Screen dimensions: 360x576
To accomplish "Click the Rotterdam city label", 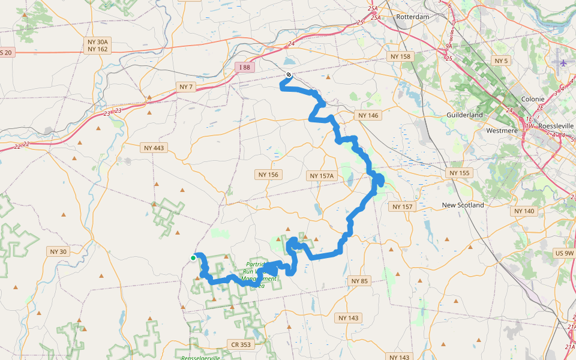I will pyautogui.click(x=413, y=17).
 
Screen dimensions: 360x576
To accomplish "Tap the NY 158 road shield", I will pyautogui.click(x=400, y=56).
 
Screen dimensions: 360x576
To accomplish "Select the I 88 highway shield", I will pyautogui.click(x=244, y=67).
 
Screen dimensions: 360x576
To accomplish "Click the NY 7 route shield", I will pyautogui.click(x=186, y=87).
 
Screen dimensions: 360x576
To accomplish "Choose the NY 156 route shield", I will pyautogui.click(x=268, y=175).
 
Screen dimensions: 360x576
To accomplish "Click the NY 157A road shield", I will pyautogui.click(x=322, y=176).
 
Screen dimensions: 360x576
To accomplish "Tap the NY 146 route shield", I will pyautogui.click(x=368, y=115).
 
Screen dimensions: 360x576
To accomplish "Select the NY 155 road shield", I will pyautogui.click(x=460, y=173).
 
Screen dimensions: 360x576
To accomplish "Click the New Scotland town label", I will pyautogui.click(x=463, y=205).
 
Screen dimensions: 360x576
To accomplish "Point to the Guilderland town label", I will pyautogui.click(x=464, y=115).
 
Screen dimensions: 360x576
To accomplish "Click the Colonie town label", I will pyautogui.click(x=533, y=99).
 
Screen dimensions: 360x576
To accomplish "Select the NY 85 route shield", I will pyautogui.click(x=359, y=281).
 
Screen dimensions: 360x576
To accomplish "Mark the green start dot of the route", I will pyautogui.click(x=193, y=258).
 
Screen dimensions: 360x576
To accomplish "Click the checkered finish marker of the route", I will pyautogui.click(x=289, y=75).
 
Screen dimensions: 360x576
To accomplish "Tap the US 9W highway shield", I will pyautogui.click(x=565, y=254).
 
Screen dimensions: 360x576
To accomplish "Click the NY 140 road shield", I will pyautogui.click(x=524, y=211).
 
